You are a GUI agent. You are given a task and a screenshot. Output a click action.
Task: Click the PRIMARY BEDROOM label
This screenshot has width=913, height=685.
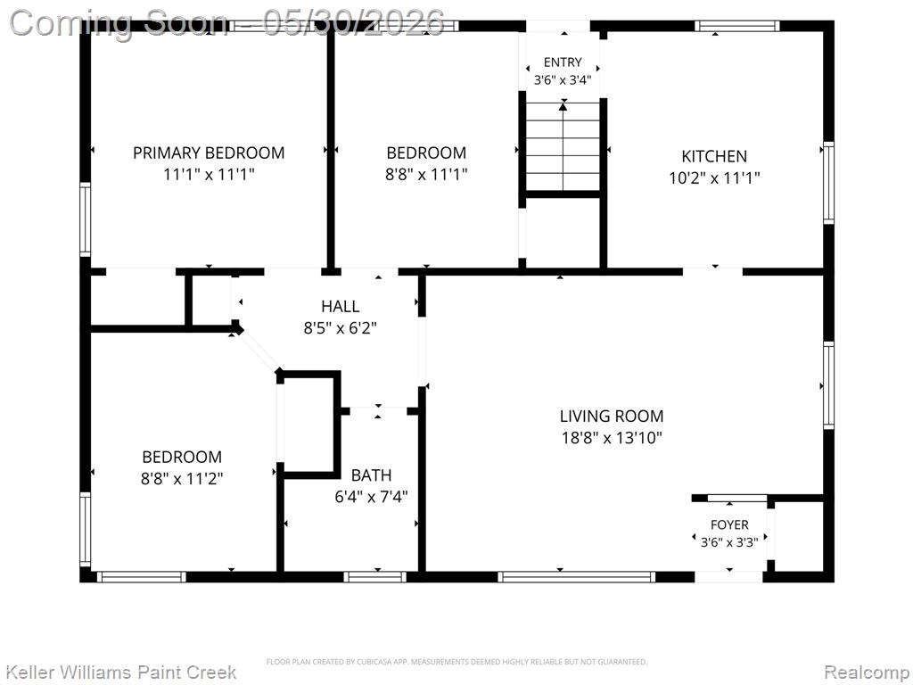click(209, 153)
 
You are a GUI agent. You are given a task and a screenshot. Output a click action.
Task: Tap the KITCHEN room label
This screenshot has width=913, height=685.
click(714, 156)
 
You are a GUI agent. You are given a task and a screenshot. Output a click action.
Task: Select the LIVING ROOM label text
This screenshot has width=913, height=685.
click(612, 416)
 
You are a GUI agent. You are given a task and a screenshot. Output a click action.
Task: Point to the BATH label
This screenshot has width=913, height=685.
click(371, 475)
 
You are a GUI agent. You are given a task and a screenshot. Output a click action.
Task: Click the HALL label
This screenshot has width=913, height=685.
click(340, 306)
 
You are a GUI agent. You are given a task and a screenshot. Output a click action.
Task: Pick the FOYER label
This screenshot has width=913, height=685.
click(729, 524)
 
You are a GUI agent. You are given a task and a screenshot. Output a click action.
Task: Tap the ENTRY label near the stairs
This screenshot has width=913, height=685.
click(563, 62)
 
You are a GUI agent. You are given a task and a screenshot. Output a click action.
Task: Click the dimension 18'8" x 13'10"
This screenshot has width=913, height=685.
click(612, 437)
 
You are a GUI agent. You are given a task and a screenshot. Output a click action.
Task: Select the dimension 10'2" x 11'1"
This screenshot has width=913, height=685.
click(714, 177)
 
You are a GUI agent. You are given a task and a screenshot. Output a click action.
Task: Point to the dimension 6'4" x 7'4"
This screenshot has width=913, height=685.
click(371, 497)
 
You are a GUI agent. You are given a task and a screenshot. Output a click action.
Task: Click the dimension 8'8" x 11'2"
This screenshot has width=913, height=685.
click(182, 479)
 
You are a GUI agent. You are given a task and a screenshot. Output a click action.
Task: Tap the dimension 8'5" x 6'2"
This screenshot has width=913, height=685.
click(340, 328)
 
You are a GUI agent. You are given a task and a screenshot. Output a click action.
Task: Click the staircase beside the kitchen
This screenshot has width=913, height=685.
click(563, 145)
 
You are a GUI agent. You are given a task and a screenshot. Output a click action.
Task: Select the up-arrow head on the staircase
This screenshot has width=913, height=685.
click(563, 106)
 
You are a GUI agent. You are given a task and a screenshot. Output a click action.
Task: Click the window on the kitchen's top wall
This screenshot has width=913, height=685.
click(736, 26)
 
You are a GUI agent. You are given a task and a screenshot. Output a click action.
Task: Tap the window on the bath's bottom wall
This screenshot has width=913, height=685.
click(374, 577)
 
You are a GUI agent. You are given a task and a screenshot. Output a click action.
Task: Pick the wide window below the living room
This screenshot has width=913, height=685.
click(577, 577)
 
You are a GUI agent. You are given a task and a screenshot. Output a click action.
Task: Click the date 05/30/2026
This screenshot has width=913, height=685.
click(353, 23)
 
